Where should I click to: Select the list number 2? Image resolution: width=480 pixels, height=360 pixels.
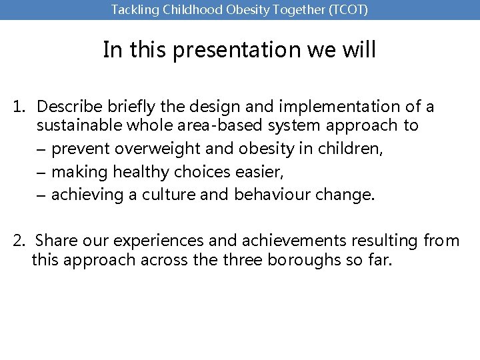tap(18, 240)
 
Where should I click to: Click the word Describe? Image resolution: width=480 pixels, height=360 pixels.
tap(67, 107)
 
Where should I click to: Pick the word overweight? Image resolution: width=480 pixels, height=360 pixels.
tap(152, 149)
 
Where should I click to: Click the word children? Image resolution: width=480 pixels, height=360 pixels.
tap(353, 149)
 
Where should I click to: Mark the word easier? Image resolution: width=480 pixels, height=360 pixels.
tap(261, 172)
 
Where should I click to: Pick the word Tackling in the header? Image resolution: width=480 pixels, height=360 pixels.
tap(133, 9)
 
